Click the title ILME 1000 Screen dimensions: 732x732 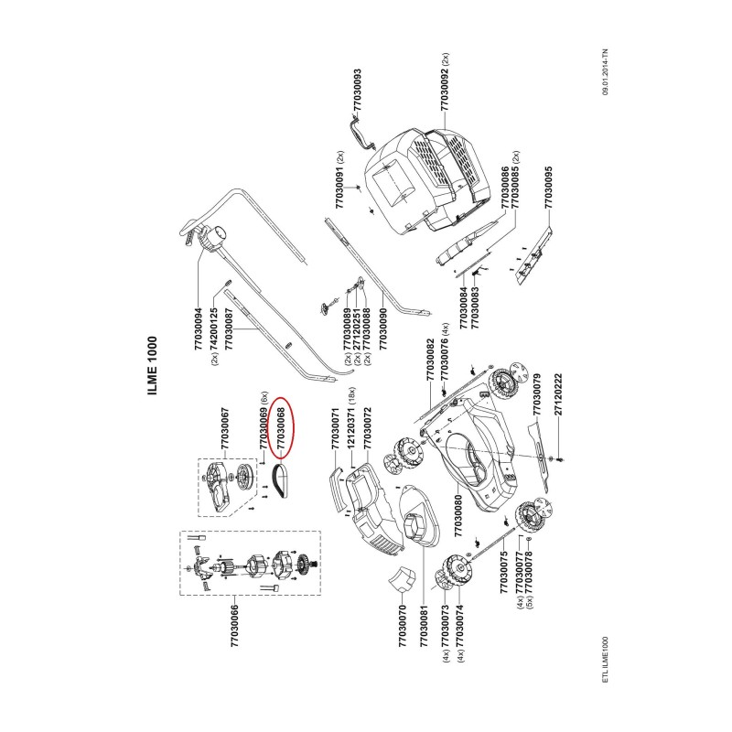click(x=153, y=365)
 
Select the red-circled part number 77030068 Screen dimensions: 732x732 click(x=281, y=429)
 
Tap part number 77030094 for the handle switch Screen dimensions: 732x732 click(x=198, y=328)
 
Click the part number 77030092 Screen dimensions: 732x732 click(x=445, y=90)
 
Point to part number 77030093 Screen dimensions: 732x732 click(x=357, y=90)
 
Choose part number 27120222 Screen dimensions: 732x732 click(x=558, y=394)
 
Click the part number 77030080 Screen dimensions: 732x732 click(x=458, y=516)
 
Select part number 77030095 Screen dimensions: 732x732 click(x=548, y=188)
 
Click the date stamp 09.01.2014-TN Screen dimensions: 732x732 click(x=606, y=71)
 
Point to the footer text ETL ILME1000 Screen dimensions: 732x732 click(x=606, y=659)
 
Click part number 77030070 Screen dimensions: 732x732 click(x=403, y=626)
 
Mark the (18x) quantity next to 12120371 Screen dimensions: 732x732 click(x=351, y=395)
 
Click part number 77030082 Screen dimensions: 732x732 click(x=430, y=360)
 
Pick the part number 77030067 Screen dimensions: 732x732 click(x=225, y=428)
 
